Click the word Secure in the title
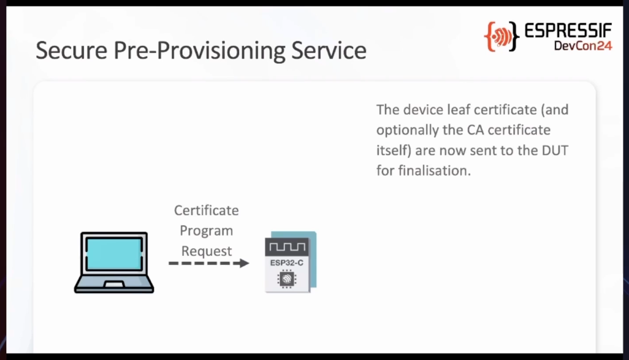pyautogui.click(x=72, y=50)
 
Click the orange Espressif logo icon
pyautogui.click(x=501, y=37)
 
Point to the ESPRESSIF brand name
pyautogui.click(x=568, y=31)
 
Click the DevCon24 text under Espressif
pyautogui.click(x=583, y=46)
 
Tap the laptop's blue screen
pyautogui.click(x=114, y=254)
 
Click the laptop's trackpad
pyautogui.click(x=114, y=284)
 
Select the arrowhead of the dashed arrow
pyautogui.click(x=243, y=263)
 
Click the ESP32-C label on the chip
pyautogui.click(x=287, y=263)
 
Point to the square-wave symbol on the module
pyautogui.click(x=287, y=247)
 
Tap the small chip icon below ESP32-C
pyautogui.click(x=286, y=279)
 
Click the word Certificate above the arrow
pyautogui.click(x=206, y=210)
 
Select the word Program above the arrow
pyautogui.click(x=206, y=231)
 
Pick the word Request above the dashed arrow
pyautogui.click(x=206, y=251)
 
